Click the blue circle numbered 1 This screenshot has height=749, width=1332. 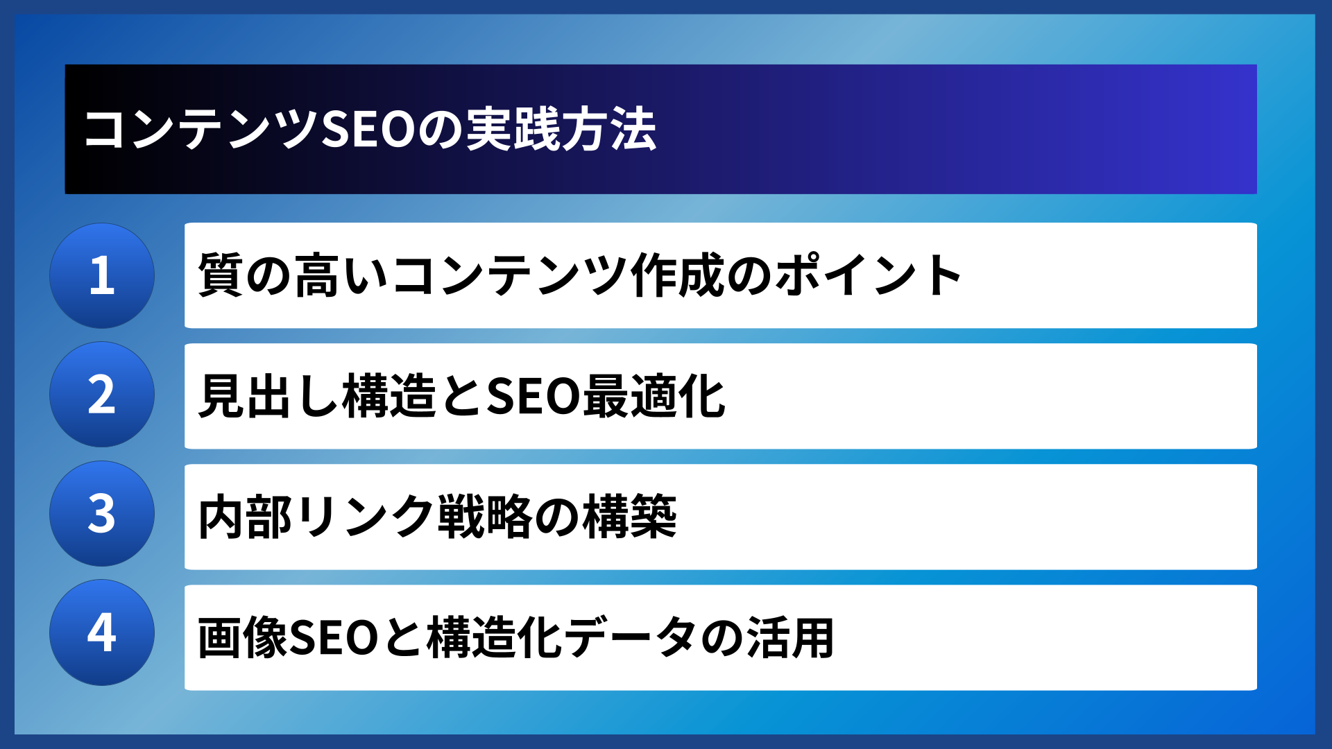click(x=102, y=275)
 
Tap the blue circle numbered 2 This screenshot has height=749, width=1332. click(x=102, y=395)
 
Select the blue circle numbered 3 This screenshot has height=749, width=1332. click(x=102, y=514)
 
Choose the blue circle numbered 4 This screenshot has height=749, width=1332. click(x=102, y=632)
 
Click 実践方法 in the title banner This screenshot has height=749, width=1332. click(x=561, y=130)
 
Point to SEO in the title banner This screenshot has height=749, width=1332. click(x=368, y=130)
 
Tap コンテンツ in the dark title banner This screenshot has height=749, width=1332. click(x=200, y=130)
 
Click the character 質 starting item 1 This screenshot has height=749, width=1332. click(x=221, y=275)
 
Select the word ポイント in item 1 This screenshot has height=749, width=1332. click(x=868, y=275)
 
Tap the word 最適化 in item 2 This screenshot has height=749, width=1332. click(x=654, y=396)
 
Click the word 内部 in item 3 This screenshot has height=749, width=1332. click(x=245, y=517)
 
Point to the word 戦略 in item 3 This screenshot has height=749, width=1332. click(x=484, y=517)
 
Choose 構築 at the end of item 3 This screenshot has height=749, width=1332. click(x=629, y=517)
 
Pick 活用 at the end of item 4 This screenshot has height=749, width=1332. click(x=790, y=637)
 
